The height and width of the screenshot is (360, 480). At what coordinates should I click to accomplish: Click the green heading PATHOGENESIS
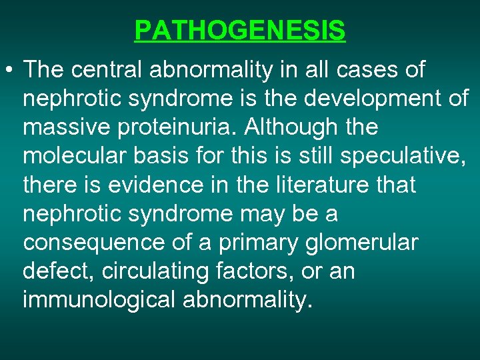240,31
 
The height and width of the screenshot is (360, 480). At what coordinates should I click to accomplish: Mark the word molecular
73,156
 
